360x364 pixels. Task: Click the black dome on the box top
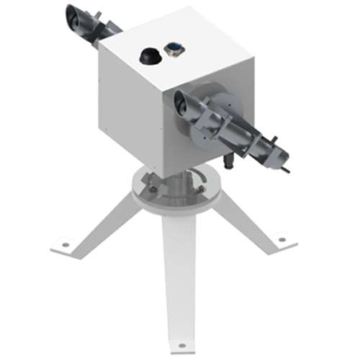[150, 54]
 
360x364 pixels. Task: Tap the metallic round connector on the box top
[174, 49]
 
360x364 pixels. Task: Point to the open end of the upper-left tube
[75, 16]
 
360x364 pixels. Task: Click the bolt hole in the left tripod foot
[66, 244]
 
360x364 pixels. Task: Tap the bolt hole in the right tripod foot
[282, 238]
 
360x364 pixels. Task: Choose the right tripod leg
[245, 220]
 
